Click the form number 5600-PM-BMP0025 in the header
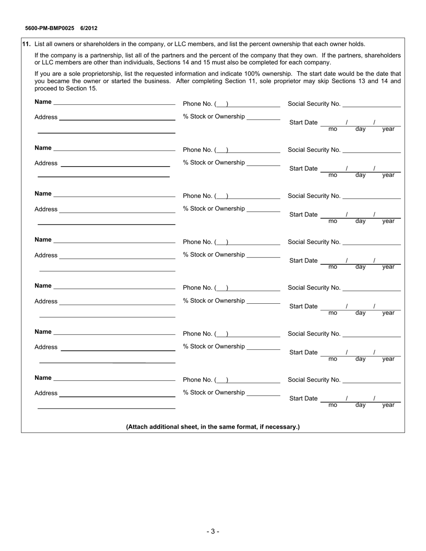50,28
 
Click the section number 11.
26,44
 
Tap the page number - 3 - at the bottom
213,532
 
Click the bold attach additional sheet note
213,427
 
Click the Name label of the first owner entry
43,102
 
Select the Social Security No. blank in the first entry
371,104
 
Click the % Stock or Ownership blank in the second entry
263,164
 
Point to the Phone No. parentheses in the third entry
222,196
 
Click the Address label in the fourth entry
46,255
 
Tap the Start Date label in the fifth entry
304,306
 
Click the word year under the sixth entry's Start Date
388,359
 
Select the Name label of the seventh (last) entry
43,378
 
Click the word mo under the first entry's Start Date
333,129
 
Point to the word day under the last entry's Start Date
361,405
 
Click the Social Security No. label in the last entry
314,380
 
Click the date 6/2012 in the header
89,28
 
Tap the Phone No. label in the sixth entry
197,334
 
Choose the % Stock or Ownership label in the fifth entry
214,301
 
